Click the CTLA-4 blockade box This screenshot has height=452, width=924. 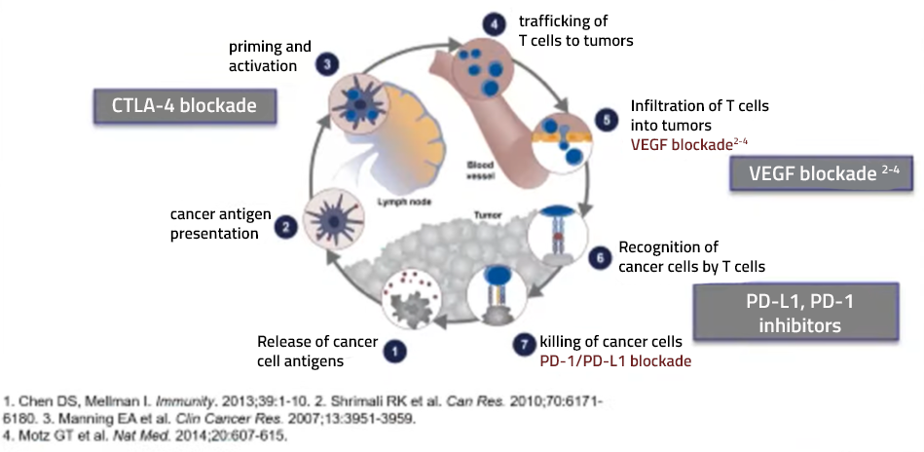tap(184, 106)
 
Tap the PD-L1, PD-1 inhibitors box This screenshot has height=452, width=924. tap(795, 313)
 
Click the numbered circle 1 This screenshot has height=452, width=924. tap(395, 352)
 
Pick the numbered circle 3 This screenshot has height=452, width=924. tap(326, 64)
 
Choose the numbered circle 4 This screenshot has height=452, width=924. tap(495, 24)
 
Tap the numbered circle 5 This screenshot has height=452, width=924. tap(608, 120)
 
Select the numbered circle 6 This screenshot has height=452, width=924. tap(600, 257)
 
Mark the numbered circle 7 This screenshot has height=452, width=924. tap(524, 345)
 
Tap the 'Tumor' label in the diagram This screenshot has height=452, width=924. tap(484, 216)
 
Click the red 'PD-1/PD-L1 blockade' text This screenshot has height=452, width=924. tap(615, 360)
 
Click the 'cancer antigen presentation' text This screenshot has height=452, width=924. tap(221, 224)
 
